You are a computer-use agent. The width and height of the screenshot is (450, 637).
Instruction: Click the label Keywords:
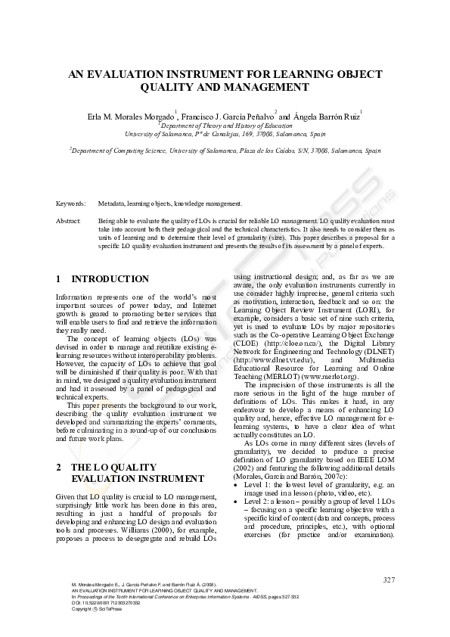click(x=70, y=204)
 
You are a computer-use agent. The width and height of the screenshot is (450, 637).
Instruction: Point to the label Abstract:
click(x=69, y=219)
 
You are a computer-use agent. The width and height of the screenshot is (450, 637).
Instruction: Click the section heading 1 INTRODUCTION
click(x=103, y=279)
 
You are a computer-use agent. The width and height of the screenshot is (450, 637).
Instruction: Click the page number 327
click(x=389, y=580)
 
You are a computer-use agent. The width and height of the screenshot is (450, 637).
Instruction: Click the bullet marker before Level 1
click(x=236, y=483)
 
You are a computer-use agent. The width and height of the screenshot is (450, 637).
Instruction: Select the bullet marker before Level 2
click(x=236, y=501)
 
